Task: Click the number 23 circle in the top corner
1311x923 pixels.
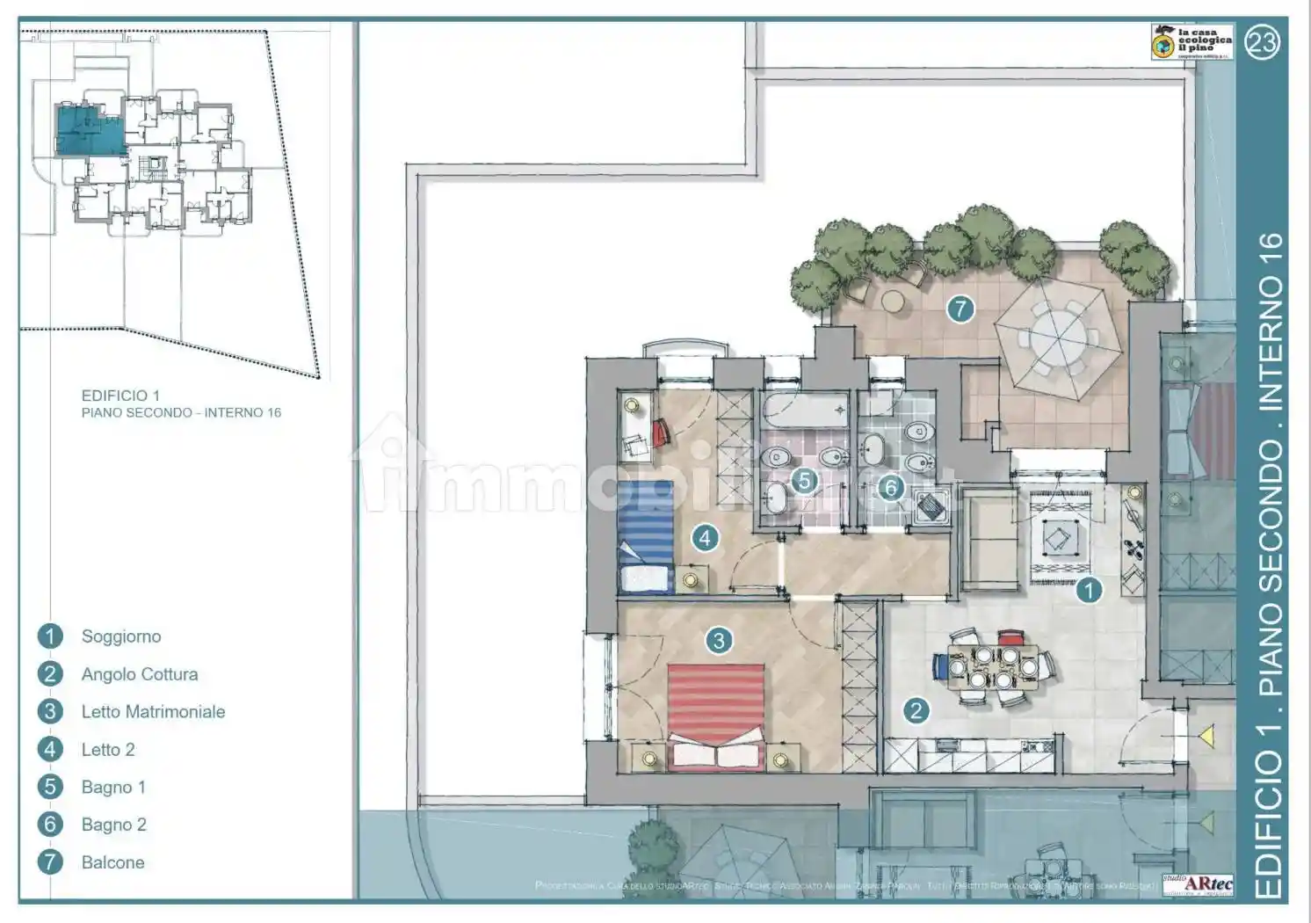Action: pos(1263,42)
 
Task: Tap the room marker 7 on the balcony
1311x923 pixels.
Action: pos(960,309)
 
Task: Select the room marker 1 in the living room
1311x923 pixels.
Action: pos(1090,590)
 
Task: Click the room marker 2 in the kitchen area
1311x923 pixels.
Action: pos(916,710)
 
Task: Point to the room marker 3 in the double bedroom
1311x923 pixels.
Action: pos(719,641)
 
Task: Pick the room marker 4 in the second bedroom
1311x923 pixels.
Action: pos(706,537)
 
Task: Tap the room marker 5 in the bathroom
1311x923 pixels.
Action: pos(803,481)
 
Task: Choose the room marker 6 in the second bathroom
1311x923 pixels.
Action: pos(891,487)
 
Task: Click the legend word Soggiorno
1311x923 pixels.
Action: pos(121,636)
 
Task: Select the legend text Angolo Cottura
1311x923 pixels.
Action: pos(140,674)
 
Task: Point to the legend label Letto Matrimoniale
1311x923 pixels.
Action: pos(153,712)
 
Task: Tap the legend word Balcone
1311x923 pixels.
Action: pos(112,863)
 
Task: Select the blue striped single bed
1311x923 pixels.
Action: pos(646,535)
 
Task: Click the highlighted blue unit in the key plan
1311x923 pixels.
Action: pos(89,130)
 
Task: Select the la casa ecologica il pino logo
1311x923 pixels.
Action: pos(1191,42)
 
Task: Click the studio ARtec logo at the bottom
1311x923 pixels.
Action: pos(1198,883)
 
